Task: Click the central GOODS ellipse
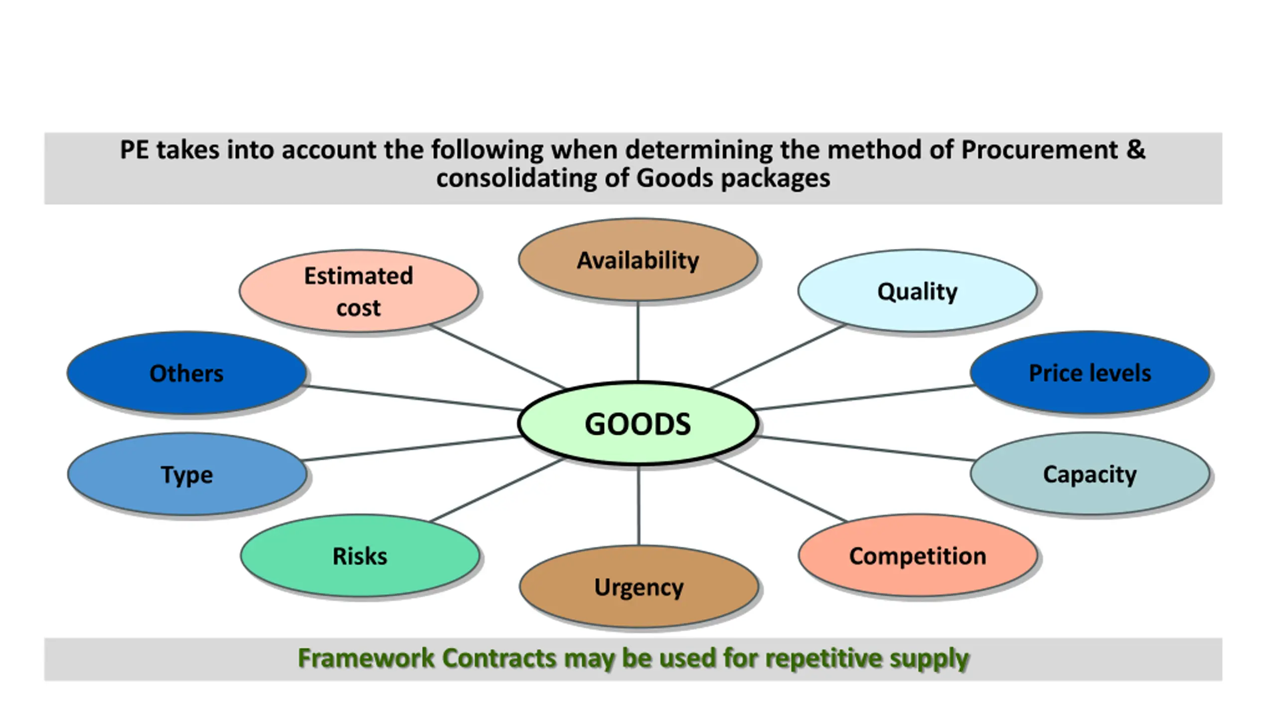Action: coord(638,423)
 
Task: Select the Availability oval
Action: coord(638,260)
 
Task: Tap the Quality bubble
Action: coord(917,291)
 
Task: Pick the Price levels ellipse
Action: coord(1090,372)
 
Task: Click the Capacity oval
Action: coord(1090,474)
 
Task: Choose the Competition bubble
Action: coord(918,555)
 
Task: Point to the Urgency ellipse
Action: coord(639,586)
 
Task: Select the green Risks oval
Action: coord(360,556)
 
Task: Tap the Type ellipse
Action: coord(187,474)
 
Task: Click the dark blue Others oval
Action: coord(187,373)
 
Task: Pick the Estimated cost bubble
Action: coord(359,291)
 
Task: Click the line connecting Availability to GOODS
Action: coord(638,342)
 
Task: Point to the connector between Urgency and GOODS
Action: coord(638,505)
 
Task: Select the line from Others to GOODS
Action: coord(412,398)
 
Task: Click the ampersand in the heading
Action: coord(1135,150)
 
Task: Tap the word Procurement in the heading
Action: coord(1039,150)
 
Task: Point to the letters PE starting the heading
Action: coord(135,150)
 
